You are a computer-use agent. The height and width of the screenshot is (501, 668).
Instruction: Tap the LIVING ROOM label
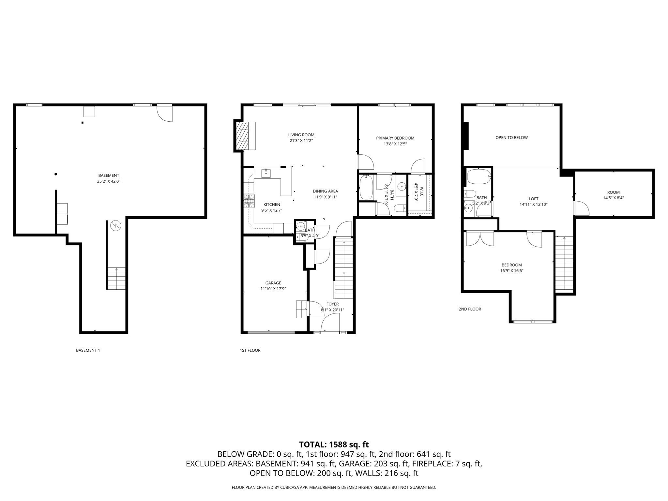(x=301, y=135)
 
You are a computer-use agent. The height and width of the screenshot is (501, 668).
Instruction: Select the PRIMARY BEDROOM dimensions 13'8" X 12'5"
(x=395, y=144)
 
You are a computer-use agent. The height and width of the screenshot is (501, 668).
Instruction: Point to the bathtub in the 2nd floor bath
(x=478, y=176)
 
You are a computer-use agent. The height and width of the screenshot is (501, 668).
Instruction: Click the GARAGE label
(x=273, y=283)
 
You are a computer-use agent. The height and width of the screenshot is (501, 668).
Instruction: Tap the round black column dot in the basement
(x=56, y=174)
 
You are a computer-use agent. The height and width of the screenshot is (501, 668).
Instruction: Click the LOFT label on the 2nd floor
(x=533, y=199)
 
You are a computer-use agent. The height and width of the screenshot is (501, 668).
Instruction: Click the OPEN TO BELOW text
(x=511, y=138)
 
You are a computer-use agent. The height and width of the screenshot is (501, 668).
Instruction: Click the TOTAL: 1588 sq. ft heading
(x=334, y=445)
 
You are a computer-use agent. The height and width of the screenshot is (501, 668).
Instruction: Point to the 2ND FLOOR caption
(x=470, y=309)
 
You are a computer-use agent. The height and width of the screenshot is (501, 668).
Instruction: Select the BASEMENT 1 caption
(x=88, y=350)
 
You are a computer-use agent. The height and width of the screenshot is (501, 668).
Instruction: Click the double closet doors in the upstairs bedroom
(x=480, y=239)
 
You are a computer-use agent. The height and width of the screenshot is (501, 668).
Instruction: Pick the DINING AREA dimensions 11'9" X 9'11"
(x=325, y=197)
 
